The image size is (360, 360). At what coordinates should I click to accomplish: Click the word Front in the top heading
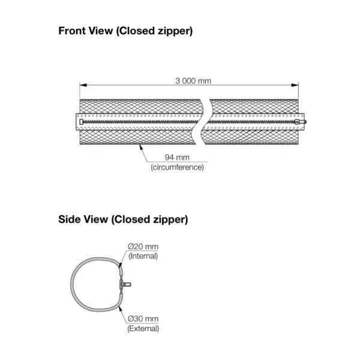(x=73, y=31)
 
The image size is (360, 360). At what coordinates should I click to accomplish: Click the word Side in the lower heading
(x=69, y=219)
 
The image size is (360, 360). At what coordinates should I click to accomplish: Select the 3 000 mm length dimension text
(x=193, y=81)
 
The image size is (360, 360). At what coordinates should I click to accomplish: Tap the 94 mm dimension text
(x=177, y=157)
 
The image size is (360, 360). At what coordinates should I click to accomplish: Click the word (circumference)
(x=177, y=167)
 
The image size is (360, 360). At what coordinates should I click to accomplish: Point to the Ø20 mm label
(x=143, y=247)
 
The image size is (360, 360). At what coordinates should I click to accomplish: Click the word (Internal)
(x=143, y=256)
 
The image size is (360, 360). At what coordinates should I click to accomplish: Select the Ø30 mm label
(x=143, y=319)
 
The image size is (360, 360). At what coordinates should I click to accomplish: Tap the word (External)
(x=143, y=329)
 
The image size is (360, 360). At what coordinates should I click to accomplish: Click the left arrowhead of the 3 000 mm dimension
(x=83, y=85)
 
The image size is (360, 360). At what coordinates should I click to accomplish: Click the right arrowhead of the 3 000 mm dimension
(x=295, y=85)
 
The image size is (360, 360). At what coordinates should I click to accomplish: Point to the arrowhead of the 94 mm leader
(x=140, y=148)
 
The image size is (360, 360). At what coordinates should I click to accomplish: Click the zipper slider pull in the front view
(x=301, y=122)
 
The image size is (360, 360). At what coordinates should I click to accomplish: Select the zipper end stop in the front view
(x=81, y=122)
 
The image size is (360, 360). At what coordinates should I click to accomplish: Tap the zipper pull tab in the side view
(x=125, y=284)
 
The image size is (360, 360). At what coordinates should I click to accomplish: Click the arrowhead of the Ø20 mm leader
(x=120, y=265)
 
